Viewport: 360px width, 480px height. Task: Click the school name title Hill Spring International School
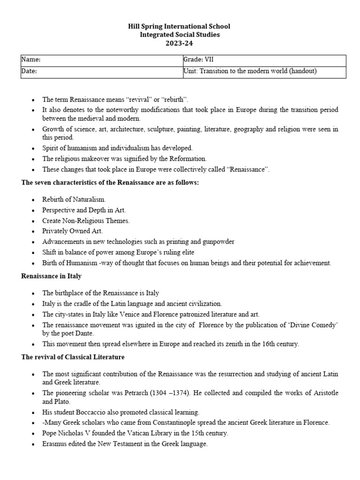coord(180,26)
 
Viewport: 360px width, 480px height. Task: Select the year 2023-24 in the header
coord(180,43)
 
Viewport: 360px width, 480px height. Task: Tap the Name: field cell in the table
coord(101,60)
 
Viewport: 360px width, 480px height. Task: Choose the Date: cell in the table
coord(101,71)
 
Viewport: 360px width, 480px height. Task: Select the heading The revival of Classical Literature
coord(73,358)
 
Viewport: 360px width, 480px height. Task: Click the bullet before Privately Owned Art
coord(32,231)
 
